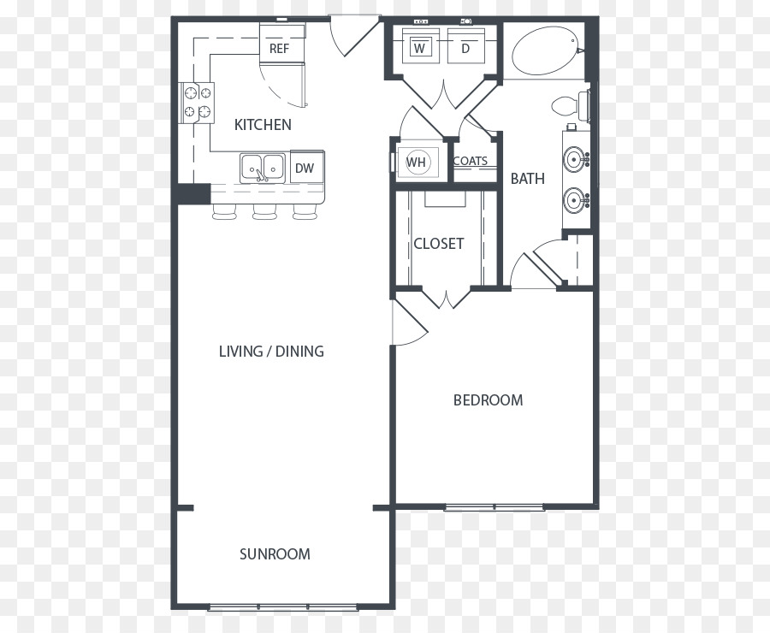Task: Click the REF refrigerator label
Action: tap(280, 49)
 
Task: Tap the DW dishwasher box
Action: tap(307, 167)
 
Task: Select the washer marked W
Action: tap(419, 45)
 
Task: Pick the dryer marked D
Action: tap(466, 45)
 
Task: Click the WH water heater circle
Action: tap(417, 162)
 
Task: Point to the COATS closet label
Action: tap(471, 161)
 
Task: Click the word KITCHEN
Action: tap(263, 125)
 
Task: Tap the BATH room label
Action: tap(527, 178)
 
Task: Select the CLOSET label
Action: tap(439, 244)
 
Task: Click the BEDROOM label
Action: tap(489, 399)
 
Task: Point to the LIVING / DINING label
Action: tap(271, 351)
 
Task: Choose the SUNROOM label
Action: tap(275, 554)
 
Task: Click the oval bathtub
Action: tap(545, 50)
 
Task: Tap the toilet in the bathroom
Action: tap(571, 105)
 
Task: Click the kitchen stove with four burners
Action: tap(197, 103)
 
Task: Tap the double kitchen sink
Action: tap(263, 168)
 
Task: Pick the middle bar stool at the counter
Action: tap(265, 211)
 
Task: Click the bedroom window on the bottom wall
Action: tap(494, 507)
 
